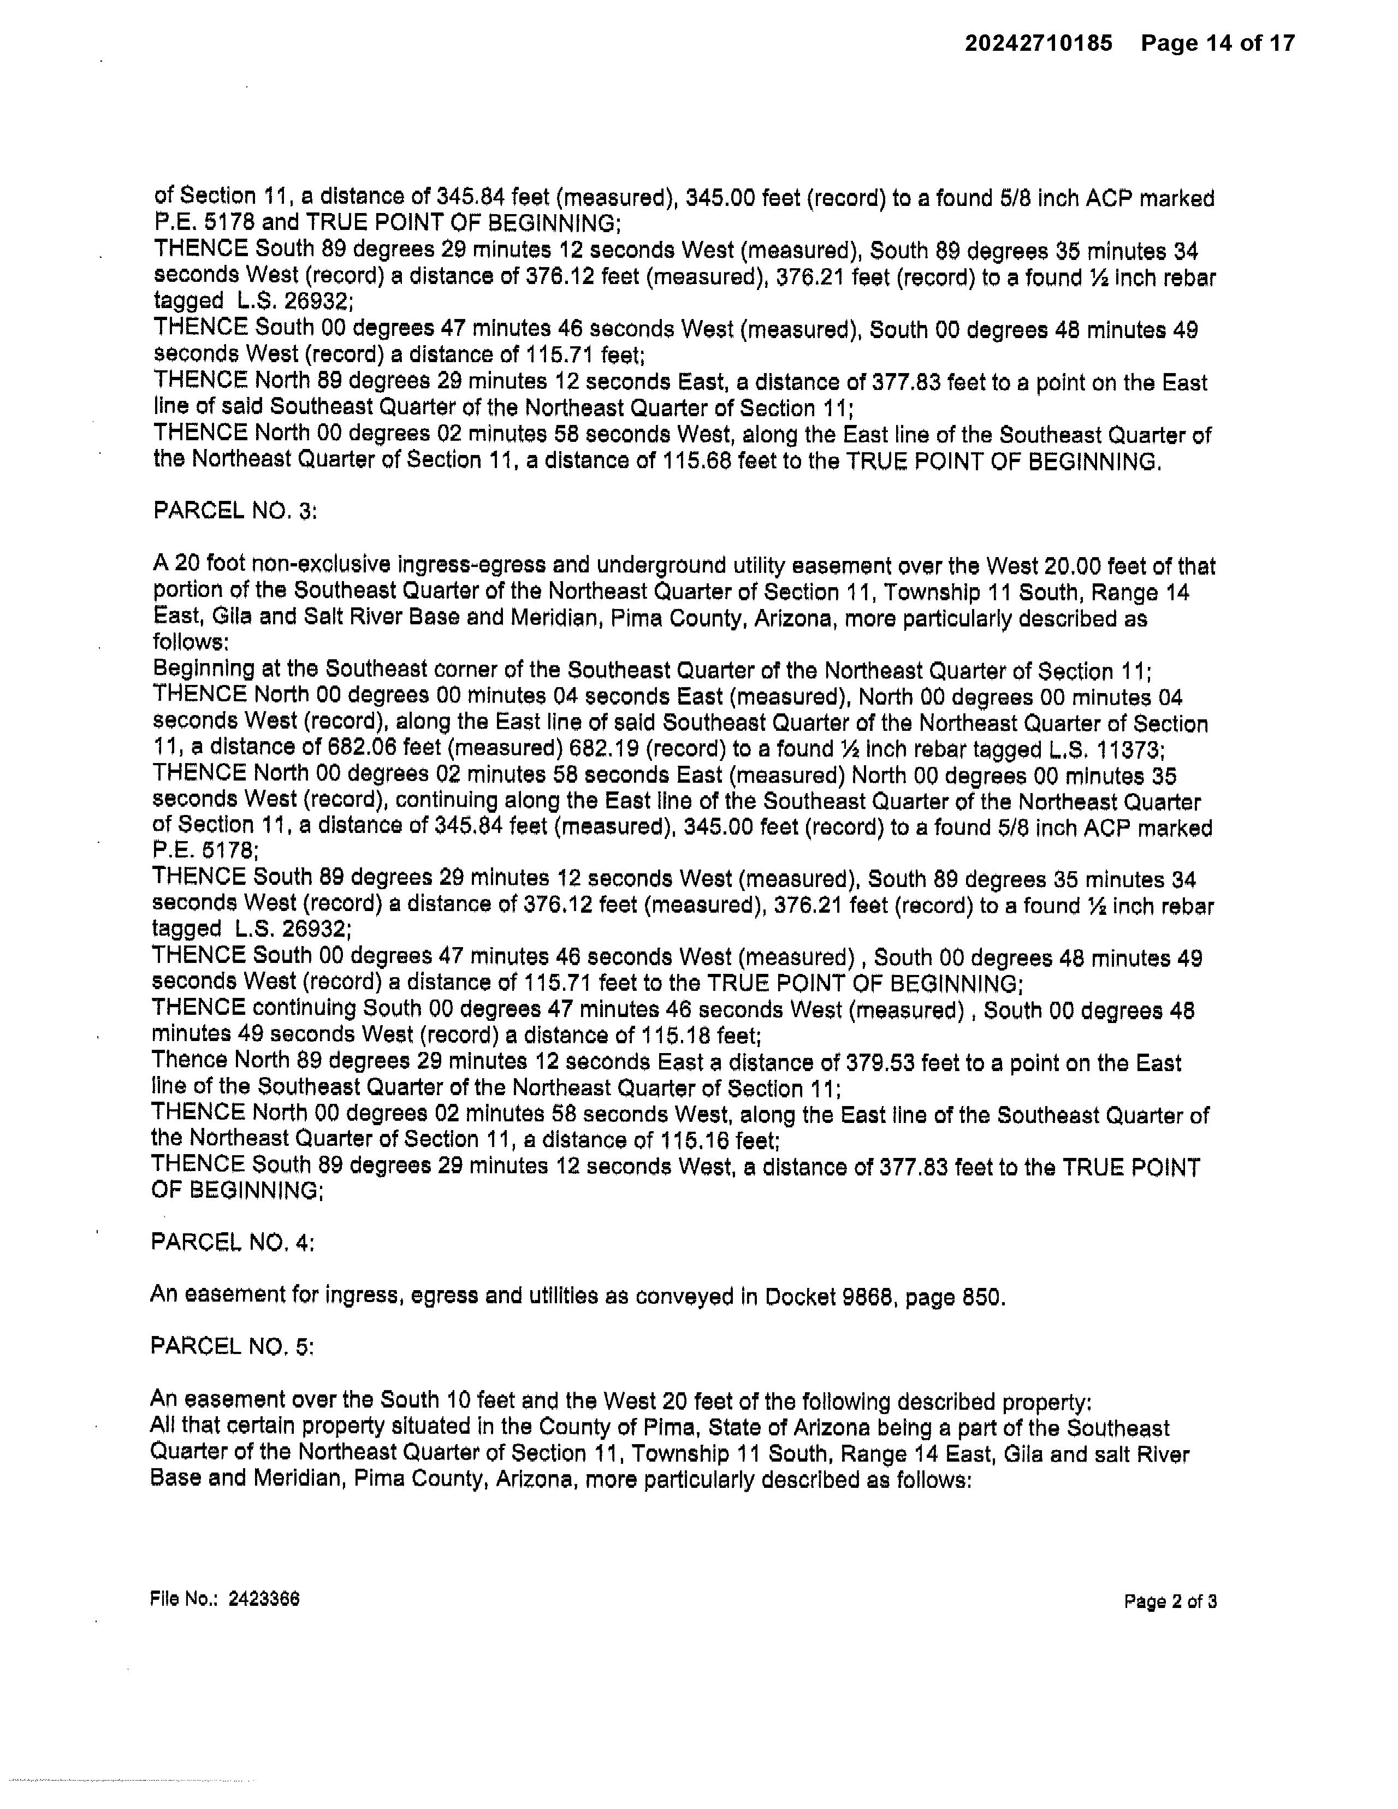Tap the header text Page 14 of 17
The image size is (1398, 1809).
tap(1217, 43)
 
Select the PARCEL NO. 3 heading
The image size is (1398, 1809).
tap(235, 511)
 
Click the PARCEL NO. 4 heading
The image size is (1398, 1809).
tap(233, 1243)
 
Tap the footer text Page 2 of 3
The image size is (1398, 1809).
tap(1169, 1601)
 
